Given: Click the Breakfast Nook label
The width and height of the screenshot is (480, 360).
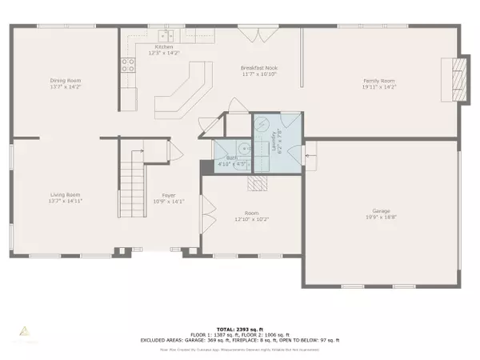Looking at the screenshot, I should [x=259, y=69].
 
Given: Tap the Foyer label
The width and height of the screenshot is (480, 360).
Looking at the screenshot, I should [x=169, y=194].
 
